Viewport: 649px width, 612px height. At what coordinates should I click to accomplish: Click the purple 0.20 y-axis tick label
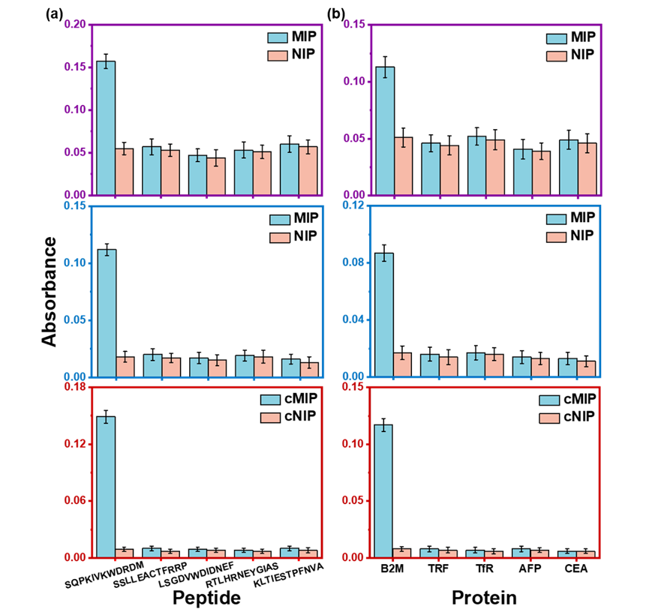click(76, 24)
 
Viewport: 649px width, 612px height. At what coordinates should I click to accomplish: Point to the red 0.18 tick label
click(76, 387)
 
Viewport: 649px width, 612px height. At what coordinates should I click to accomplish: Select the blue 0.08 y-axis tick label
click(354, 262)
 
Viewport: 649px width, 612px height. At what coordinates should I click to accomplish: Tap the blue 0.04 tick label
click(354, 319)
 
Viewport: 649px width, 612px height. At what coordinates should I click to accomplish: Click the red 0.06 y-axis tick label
click(76, 500)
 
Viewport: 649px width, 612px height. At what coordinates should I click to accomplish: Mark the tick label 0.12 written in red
click(76, 444)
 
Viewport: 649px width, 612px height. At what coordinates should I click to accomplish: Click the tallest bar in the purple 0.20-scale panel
click(106, 128)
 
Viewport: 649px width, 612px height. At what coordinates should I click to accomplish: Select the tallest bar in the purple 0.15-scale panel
click(385, 131)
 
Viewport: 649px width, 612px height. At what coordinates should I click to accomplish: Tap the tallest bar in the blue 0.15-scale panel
click(107, 313)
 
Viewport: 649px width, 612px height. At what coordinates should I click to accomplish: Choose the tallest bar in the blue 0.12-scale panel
click(384, 315)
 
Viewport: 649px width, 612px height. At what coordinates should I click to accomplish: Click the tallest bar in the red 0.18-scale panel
click(106, 487)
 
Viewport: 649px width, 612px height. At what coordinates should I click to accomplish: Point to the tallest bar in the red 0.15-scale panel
click(383, 491)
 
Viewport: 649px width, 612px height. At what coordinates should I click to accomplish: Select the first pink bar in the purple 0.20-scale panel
click(124, 172)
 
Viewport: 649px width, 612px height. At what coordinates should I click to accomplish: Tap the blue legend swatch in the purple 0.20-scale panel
click(278, 38)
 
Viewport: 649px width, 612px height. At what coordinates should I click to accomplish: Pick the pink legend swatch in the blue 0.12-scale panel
click(556, 237)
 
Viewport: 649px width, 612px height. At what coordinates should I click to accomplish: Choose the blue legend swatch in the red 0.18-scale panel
click(270, 400)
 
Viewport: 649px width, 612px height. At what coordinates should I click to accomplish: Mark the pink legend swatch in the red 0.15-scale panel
click(549, 418)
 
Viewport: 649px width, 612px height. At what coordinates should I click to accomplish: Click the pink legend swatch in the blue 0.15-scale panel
click(280, 238)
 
